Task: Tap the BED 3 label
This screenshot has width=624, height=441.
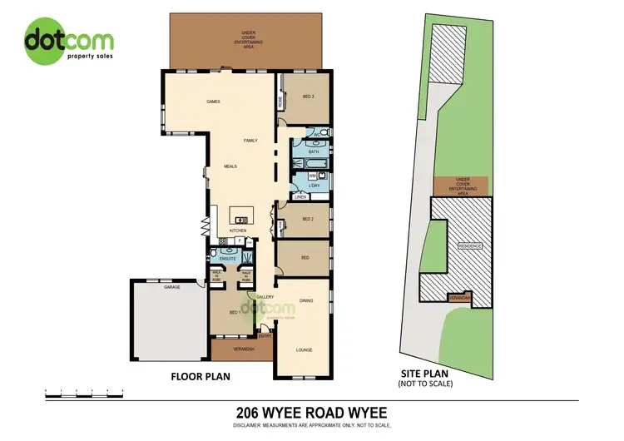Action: pyautogui.click(x=308, y=97)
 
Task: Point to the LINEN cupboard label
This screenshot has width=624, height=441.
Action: pyautogui.click(x=300, y=197)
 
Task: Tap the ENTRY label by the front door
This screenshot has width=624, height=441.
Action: pyautogui.click(x=265, y=335)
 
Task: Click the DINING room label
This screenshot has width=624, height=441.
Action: pyautogui.click(x=306, y=301)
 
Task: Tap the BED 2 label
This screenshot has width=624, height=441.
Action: pyautogui.click(x=307, y=220)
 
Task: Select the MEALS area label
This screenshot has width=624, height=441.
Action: pyautogui.click(x=230, y=166)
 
